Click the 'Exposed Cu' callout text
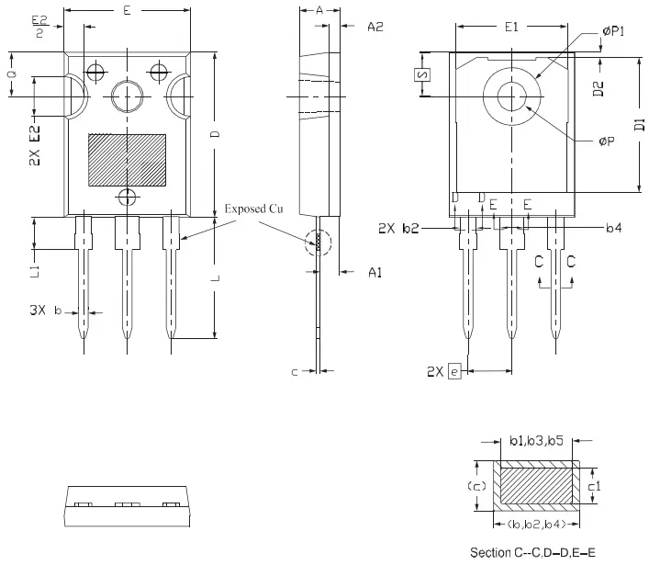(x=254, y=209)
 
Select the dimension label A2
(x=375, y=28)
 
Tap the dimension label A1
(x=375, y=273)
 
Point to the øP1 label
(x=613, y=31)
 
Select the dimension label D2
(x=599, y=89)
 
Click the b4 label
(x=614, y=226)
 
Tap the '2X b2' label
(x=398, y=228)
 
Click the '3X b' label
(x=45, y=311)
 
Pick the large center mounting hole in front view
(x=127, y=94)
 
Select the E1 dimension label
(x=511, y=28)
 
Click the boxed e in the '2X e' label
(x=453, y=371)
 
